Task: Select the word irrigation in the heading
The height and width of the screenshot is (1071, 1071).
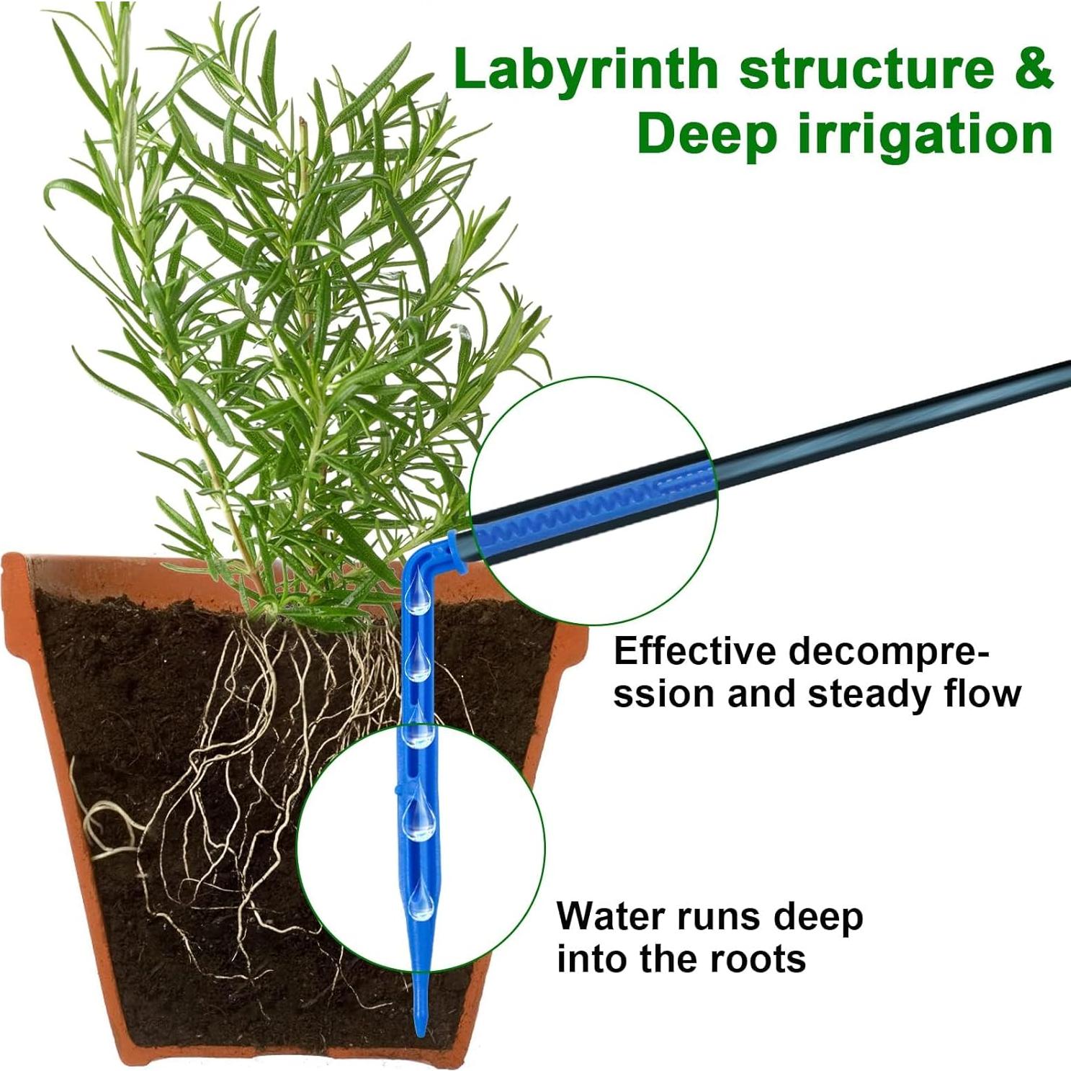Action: tap(926, 134)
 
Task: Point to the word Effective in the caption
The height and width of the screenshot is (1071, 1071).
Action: tap(695, 651)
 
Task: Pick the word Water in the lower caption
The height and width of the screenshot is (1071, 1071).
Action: tap(612, 916)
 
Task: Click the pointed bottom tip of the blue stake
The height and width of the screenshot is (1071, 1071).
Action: tap(420, 1035)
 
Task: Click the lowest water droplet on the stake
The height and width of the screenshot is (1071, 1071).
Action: tap(421, 900)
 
